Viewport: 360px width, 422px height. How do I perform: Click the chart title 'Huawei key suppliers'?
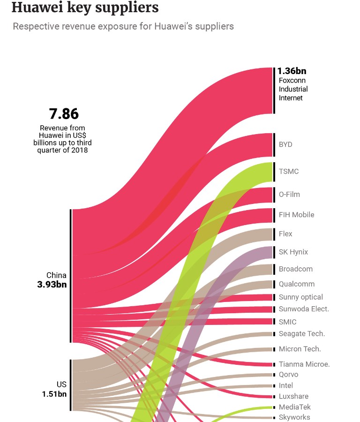pyautogui.click(x=85, y=8)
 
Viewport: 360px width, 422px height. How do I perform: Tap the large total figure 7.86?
pyautogui.click(x=64, y=114)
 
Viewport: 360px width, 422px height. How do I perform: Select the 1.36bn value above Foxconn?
pyautogui.click(x=292, y=71)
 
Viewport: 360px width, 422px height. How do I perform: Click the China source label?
pyautogui.click(x=56, y=275)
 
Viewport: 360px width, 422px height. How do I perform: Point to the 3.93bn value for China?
pyautogui.click(x=52, y=285)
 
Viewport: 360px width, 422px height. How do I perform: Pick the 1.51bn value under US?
pyautogui.click(x=54, y=394)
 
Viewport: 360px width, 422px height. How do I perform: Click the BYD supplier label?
pyautogui.click(x=285, y=144)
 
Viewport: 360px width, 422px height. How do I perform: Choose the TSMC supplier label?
pyautogui.click(x=289, y=172)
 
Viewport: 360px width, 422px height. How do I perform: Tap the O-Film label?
pyautogui.click(x=289, y=194)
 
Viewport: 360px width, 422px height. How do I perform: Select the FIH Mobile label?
pyautogui.click(x=296, y=215)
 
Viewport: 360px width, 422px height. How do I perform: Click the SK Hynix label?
pyautogui.click(x=293, y=252)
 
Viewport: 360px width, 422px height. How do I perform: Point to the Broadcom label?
pyautogui.click(x=296, y=269)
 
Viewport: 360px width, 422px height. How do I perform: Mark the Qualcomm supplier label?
pyautogui.click(x=297, y=284)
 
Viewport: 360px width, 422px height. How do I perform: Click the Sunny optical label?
pyautogui.click(x=301, y=297)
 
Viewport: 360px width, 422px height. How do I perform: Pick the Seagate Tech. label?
pyautogui.click(x=302, y=334)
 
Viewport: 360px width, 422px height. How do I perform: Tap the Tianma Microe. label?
pyautogui.click(x=304, y=364)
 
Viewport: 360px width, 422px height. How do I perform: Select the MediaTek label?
pyautogui.click(x=295, y=407)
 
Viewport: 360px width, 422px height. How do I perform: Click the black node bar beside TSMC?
pyautogui.click(x=274, y=172)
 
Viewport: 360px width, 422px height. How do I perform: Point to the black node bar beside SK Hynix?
pyautogui.click(x=274, y=252)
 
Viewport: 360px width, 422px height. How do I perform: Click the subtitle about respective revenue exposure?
pyautogui.click(x=123, y=26)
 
